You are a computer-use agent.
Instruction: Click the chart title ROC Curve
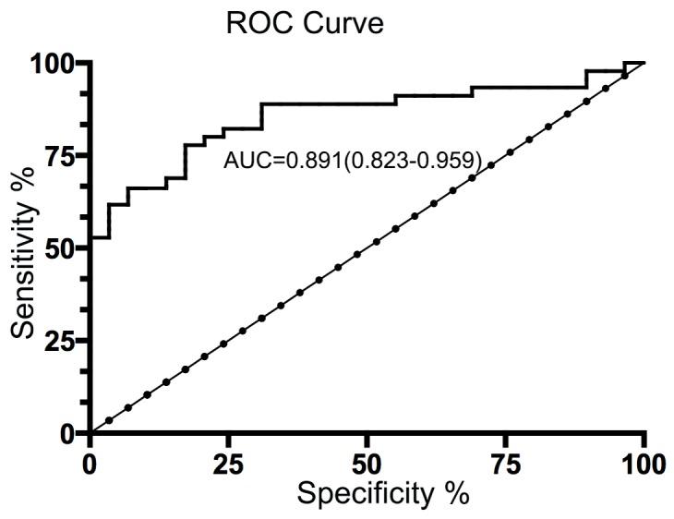point(304,22)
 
